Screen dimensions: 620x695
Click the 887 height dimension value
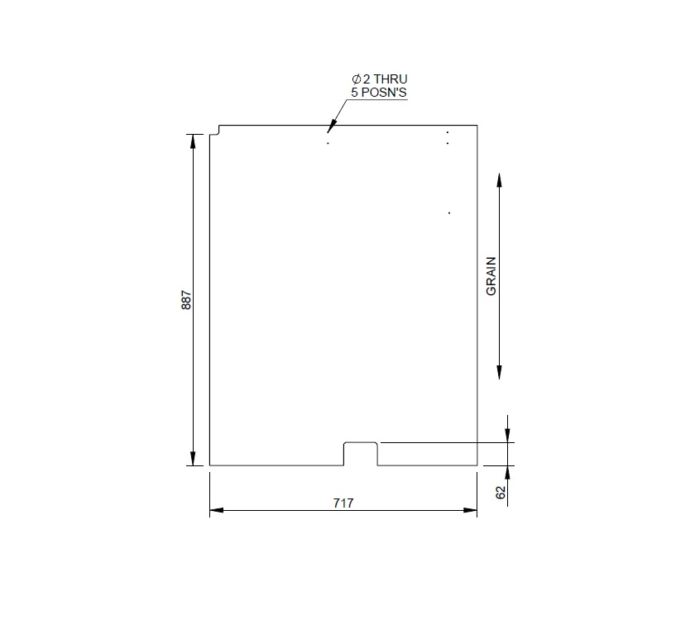click(186, 299)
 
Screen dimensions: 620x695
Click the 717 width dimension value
click(343, 503)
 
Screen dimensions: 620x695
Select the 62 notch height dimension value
click(500, 493)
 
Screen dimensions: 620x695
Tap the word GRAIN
click(491, 277)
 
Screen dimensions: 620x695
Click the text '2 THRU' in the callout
click(380, 79)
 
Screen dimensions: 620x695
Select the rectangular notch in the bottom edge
click(361, 453)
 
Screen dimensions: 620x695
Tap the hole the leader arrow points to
click(328, 144)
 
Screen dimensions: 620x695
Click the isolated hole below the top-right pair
click(449, 213)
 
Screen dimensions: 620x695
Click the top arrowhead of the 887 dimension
click(194, 141)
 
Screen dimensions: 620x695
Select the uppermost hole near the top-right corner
click(448, 132)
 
